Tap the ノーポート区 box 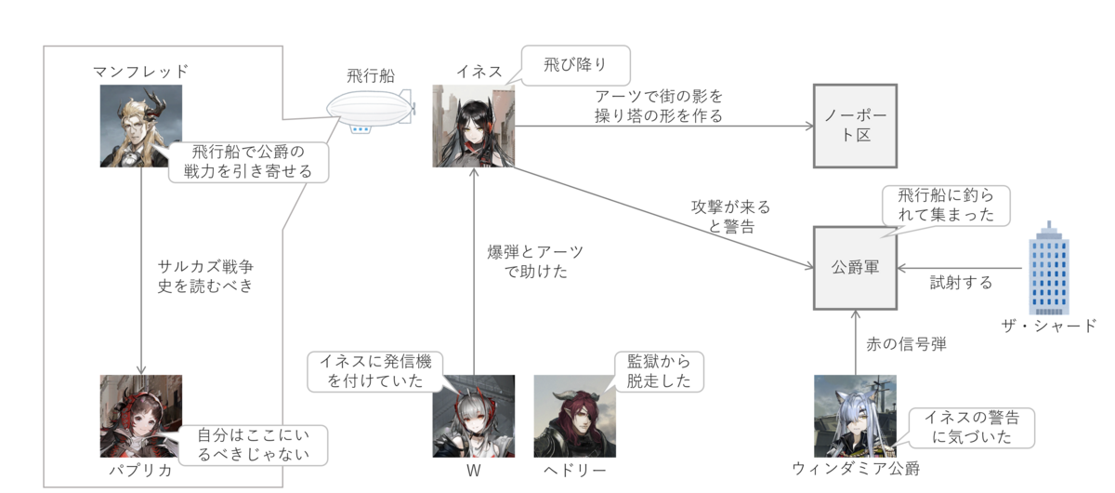[x=855, y=126]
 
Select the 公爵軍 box [x=855, y=268]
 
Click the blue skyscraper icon [x=1049, y=268]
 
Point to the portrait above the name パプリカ [x=141, y=416]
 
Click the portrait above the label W [x=473, y=416]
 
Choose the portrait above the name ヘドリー [x=575, y=416]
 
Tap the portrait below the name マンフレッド [x=141, y=126]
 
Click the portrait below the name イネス [x=473, y=126]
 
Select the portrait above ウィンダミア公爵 [x=855, y=416]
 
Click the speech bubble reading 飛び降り [x=575, y=65]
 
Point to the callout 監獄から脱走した [x=659, y=372]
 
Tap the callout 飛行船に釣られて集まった [x=946, y=206]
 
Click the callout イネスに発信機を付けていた [x=375, y=372]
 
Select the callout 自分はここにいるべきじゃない [x=253, y=446]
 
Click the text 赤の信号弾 [x=906, y=344]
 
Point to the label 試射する [x=961, y=283]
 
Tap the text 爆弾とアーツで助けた [x=535, y=261]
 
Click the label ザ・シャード [x=1049, y=326]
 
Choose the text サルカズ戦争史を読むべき [x=205, y=276]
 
